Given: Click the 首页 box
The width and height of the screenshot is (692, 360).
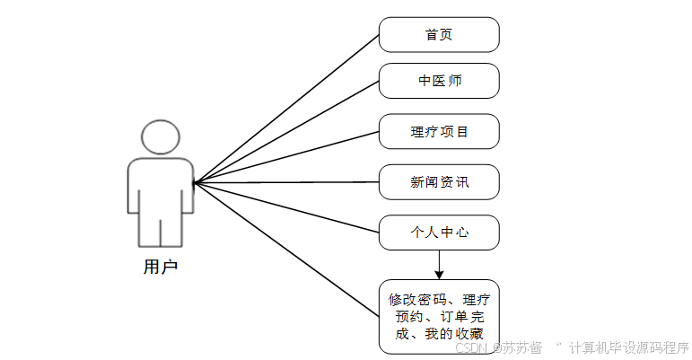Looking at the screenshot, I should tap(438, 35).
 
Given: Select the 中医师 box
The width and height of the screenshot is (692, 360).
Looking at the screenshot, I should tap(438, 81).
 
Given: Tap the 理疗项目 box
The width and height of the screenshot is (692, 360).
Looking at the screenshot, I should tap(438, 132).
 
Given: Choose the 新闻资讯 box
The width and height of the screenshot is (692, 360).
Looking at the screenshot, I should tap(438, 182).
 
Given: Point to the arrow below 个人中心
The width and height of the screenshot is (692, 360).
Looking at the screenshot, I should tap(439, 264).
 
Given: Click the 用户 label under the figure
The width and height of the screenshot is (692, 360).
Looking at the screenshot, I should tap(161, 267).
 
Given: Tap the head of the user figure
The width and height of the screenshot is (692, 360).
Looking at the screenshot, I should tap(161, 136).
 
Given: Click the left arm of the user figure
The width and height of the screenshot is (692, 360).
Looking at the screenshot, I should tap(133, 189).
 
